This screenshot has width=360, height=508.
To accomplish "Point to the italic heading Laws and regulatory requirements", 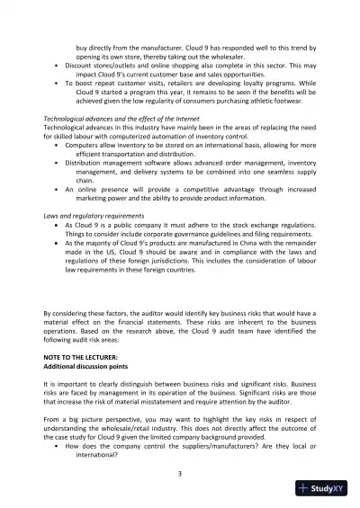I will click(x=93, y=217).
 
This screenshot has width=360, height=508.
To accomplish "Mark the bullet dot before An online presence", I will click(x=58, y=191).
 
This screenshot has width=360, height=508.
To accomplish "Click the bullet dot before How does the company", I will click(x=58, y=447).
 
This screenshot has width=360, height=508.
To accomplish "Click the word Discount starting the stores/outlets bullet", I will click(x=82, y=65).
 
